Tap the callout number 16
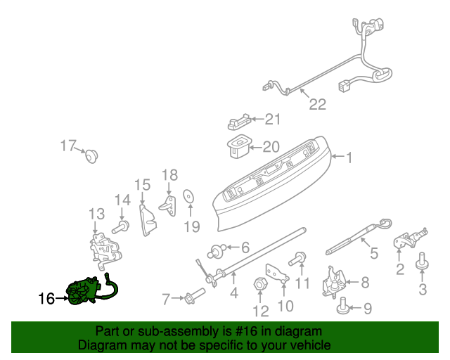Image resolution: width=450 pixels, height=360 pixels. (46, 299)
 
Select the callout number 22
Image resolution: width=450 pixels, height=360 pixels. (318, 104)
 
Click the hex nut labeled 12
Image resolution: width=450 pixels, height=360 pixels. (260, 285)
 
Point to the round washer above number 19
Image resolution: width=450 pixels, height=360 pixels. (188, 196)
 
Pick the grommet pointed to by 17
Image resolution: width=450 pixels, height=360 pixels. (92, 156)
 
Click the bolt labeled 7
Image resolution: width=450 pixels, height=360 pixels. (195, 296)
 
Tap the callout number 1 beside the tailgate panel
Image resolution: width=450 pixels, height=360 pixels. (349, 157)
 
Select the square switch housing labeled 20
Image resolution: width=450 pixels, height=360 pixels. (238, 146)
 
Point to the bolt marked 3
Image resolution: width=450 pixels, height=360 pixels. (422, 261)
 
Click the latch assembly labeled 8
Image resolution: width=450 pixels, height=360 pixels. (335, 283)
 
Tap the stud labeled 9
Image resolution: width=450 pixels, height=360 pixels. (342, 306)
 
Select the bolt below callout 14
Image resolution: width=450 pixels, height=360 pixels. (120, 227)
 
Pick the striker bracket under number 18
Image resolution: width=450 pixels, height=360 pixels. (168, 206)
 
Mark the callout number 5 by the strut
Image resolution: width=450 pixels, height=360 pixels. (374, 253)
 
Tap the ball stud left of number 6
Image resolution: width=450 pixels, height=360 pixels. (215, 252)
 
